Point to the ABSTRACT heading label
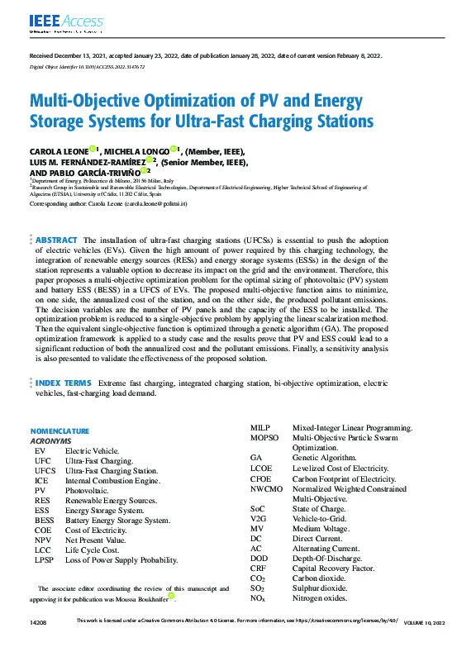[56, 239]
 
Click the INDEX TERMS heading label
[63, 383]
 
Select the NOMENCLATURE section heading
[59, 431]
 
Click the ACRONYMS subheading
[50, 441]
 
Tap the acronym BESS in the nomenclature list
[45, 521]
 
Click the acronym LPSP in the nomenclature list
[45, 559]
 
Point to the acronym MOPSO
[264, 437]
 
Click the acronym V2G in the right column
[258, 519]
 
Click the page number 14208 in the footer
[38, 619]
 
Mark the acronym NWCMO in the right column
[265, 489]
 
